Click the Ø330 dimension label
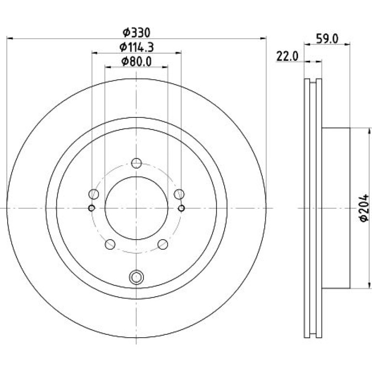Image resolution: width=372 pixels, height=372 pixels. (136, 33)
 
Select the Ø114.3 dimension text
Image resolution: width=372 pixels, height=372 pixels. (137, 47)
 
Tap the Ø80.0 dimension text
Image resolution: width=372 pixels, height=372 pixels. (136, 62)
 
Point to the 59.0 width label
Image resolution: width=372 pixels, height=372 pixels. (327, 39)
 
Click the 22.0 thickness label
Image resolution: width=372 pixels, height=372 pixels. (287, 57)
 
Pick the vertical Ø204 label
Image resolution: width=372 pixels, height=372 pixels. (364, 208)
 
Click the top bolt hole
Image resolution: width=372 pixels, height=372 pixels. (136, 163)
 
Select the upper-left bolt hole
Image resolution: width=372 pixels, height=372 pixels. (94, 194)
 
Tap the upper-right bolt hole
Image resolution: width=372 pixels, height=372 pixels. (179, 194)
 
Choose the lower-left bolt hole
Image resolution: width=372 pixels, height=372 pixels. (110, 244)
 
